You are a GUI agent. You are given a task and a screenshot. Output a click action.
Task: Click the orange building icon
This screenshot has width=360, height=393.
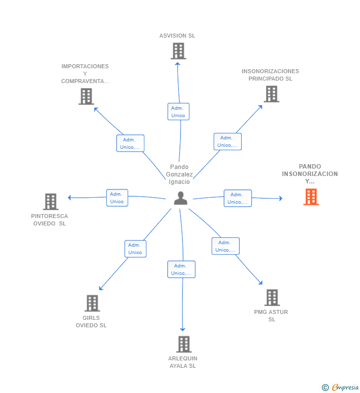[x=311, y=197]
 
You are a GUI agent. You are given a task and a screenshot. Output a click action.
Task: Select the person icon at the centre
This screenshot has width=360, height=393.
[x=180, y=198]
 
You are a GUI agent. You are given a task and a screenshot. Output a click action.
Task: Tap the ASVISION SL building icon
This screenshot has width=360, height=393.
[x=178, y=51]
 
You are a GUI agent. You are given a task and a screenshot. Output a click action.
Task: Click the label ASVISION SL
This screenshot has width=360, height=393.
[x=177, y=36]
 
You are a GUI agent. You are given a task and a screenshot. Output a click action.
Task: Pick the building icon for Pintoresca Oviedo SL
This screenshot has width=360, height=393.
[x=50, y=202]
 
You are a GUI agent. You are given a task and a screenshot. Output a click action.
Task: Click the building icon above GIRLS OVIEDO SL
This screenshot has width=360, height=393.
[x=92, y=303]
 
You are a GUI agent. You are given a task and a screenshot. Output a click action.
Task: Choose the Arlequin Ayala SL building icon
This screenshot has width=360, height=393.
[x=184, y=344]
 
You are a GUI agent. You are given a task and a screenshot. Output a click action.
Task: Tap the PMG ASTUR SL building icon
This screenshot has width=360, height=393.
[x=272, y=298]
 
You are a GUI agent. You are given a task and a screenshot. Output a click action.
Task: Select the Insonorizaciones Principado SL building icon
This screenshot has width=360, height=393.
[x=271, y=94]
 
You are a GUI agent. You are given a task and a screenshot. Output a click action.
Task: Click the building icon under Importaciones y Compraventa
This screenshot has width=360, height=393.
[x=86, y=96]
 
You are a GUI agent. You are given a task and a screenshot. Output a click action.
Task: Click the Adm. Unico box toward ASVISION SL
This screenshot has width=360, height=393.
[x=179, y=112]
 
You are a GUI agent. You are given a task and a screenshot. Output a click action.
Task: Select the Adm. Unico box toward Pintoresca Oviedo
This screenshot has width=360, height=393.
[x=117, y=198]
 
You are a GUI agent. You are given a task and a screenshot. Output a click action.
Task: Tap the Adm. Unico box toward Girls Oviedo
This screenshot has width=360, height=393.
[x=135, y=249]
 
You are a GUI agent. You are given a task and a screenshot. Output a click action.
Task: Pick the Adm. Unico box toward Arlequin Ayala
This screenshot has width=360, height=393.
[x=181, y=269]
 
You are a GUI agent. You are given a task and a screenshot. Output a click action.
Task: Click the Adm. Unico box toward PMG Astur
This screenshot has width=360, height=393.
[x=225, y=246]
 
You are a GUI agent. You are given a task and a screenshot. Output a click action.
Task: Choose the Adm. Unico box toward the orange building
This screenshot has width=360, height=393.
[x=238, y=198]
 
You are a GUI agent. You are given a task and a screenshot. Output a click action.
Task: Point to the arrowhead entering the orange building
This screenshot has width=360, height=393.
[x=281, y=199]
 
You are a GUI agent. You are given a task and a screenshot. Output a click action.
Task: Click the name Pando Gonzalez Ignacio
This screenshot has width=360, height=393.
[x=179, y=174]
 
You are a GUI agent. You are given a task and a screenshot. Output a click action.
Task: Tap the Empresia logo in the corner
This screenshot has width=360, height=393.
[x=340, y=387]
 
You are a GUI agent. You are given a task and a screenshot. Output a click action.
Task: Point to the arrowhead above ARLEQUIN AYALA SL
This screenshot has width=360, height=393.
[x=182, y=329]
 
